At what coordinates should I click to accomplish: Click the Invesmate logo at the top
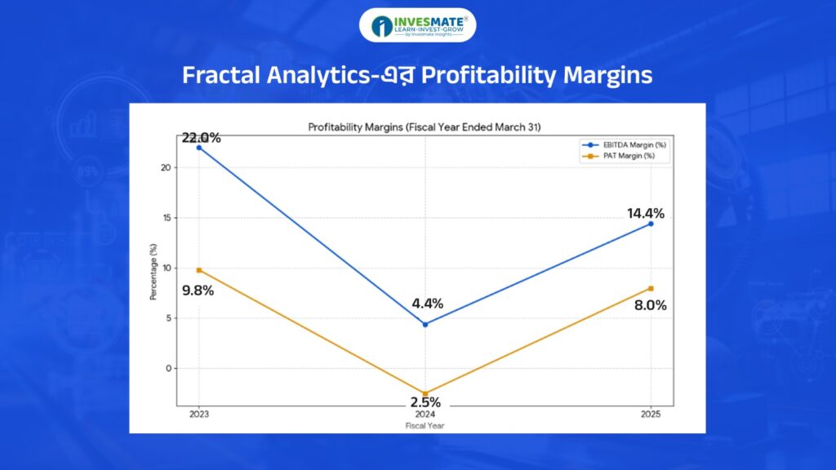tap(417, 25)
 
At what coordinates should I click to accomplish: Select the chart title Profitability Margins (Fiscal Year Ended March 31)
tap(424, 127)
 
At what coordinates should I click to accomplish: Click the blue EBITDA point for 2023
tap(199, 148)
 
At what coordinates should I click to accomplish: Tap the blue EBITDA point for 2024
tap(425, 324)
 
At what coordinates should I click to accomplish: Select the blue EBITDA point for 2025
tap(651, 224)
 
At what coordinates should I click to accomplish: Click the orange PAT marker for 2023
tap(199, 270)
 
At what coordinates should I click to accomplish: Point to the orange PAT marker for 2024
tap(425, 393)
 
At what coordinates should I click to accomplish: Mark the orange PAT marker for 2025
tap(651, 288)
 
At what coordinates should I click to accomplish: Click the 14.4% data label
tap(645, 214)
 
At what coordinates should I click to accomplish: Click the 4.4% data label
tap(426, 304)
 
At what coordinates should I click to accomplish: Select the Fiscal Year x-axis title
tap(425, 426)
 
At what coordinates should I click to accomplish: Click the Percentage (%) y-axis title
tap(153, 271)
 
